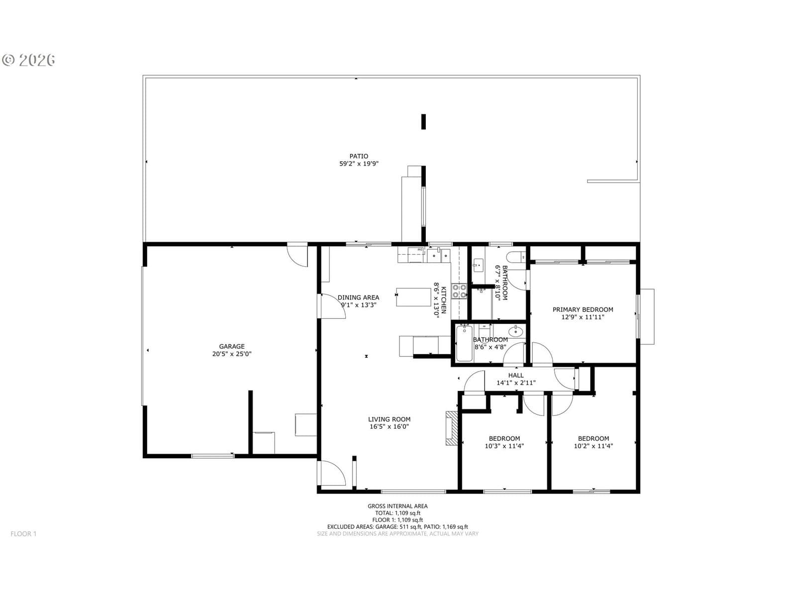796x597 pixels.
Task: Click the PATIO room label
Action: (359, 156)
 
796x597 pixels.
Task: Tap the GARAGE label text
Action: (232, 347)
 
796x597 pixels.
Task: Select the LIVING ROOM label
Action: (389, 419)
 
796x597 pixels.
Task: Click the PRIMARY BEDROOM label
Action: (583, 309)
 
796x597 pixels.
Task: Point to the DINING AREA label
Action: (358, 298)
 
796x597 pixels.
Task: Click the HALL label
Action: (516, 375)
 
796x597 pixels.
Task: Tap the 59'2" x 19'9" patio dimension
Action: (359, 164)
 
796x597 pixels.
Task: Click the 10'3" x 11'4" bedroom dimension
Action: (504, 446)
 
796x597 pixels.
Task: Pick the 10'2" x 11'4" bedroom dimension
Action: (594, 446)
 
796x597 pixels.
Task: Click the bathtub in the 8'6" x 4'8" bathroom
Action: (464, 343)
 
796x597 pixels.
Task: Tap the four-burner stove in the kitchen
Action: (459, 291)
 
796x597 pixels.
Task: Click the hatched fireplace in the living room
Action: (452, 428)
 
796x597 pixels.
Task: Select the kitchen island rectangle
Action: (413, 297)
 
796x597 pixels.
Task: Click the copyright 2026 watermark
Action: (28, 60)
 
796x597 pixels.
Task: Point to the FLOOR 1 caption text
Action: (23, 533)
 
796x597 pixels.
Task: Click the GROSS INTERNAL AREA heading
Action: (398, 506)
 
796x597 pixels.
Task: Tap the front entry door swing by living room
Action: (332, 473)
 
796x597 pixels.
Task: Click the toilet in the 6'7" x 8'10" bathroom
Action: (516, 257)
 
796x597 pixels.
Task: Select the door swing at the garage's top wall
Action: (298, 256)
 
